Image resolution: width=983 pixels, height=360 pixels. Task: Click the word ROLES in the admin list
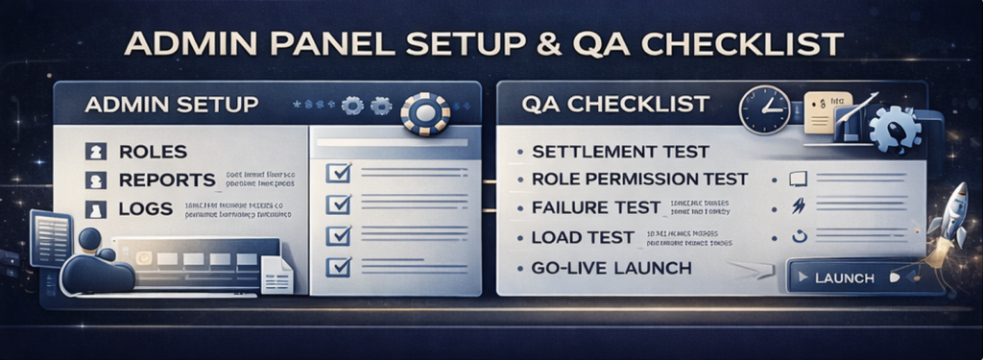tap(153, 152)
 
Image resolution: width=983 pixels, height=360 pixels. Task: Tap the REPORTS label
tap(167, 180)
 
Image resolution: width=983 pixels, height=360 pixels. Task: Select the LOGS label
tap(146, 208)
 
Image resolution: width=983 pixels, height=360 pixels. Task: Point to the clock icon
tap(764, 109)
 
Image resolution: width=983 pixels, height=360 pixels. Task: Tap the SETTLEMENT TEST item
tap(619, 152)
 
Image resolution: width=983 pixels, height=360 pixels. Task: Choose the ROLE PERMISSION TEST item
tap(638, 180)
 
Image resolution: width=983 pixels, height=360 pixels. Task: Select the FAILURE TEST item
tap(595, 207)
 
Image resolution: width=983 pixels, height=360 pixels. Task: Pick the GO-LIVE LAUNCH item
tap(611, 268)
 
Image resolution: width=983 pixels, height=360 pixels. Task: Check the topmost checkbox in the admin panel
tap(339, 173)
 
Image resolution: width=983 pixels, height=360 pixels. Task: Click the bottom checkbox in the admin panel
tap(339, 266)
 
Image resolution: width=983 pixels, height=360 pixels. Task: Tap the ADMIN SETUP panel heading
tap(171, 104)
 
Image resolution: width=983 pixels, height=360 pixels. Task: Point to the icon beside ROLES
tap(95, 152)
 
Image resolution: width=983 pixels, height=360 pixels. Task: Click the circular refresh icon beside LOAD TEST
tap(796, 236)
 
